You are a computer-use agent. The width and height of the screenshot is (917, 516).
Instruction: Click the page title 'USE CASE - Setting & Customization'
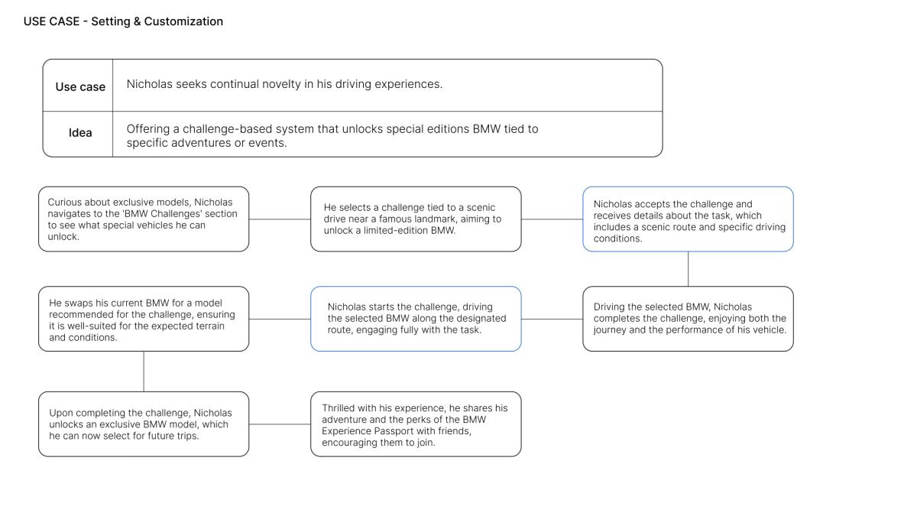point(123,21)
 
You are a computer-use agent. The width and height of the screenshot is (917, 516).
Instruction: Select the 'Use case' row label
point(80,87)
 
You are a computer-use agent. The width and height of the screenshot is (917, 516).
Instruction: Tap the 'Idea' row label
point(80,133)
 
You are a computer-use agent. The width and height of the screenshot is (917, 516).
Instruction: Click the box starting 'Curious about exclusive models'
point(144,219)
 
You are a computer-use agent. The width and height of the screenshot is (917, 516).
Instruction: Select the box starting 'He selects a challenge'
point(416,219)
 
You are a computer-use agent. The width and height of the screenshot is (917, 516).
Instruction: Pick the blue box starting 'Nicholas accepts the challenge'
point(689,219)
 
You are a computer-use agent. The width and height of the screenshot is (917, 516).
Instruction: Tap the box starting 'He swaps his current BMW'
point(144,319)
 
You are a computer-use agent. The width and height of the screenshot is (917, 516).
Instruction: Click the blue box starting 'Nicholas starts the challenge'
point(416,319)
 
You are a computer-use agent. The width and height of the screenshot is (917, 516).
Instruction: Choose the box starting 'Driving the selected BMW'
point(689,319)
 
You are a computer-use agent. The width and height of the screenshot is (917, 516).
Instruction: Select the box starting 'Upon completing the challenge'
point(144,424)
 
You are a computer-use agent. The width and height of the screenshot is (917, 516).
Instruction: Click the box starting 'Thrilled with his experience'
point(416,424)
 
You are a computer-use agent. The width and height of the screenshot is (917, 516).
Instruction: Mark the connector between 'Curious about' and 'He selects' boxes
point(280,219)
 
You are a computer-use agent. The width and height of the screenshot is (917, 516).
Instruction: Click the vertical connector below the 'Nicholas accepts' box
point(689,268)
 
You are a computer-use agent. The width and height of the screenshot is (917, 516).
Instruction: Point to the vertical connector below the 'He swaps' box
point(144,371)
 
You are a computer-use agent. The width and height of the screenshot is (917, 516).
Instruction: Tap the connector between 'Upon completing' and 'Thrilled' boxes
point(280,424)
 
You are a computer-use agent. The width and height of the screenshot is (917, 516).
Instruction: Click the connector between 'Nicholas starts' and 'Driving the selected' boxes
point(552,319)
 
